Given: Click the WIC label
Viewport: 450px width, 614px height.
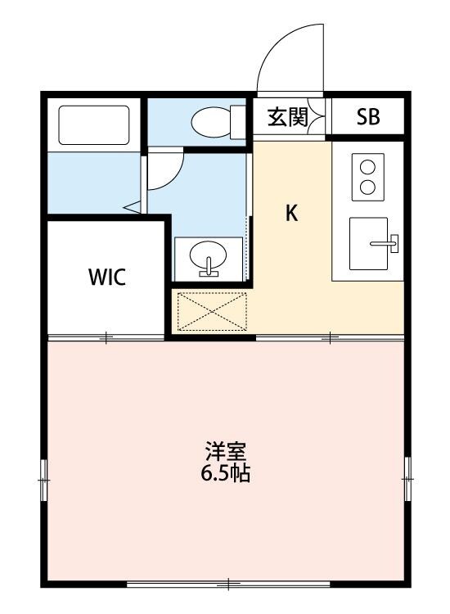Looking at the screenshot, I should (107, 278).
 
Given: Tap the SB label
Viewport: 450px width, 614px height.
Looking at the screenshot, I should (367, 117).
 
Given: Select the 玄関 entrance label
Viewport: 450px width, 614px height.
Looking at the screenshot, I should (287, 117).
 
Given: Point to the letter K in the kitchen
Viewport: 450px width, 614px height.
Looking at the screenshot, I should (291, 214).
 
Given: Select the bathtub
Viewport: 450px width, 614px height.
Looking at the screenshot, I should (93, 124).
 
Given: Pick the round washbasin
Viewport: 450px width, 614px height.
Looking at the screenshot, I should (209, 260).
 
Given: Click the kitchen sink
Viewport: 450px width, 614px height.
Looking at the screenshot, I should (373, 243).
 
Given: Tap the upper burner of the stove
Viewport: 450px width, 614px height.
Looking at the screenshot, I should (367, 168).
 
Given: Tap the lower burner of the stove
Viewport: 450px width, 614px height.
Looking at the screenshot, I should (367, 186).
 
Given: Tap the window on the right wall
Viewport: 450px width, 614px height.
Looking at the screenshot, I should (407, 475).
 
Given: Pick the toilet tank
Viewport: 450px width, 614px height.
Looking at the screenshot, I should (239, 122).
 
